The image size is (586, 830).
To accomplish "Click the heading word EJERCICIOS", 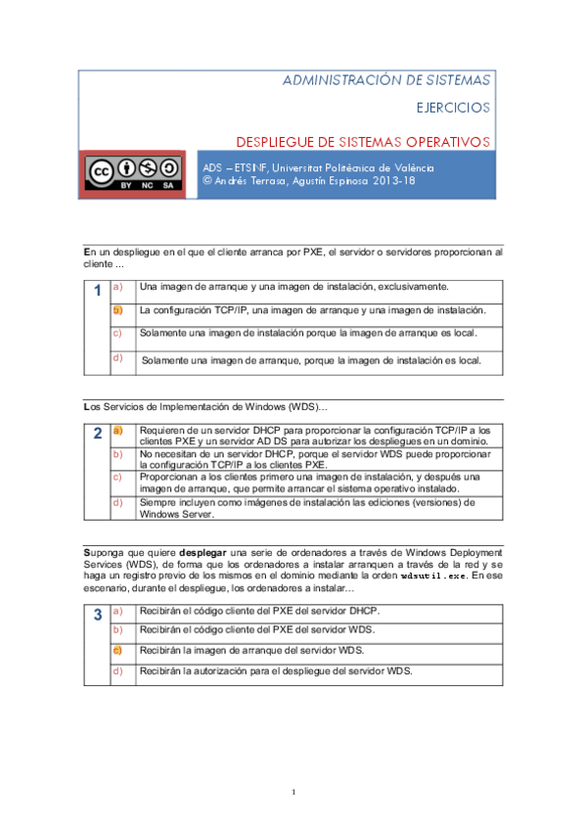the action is (x=453, y=107).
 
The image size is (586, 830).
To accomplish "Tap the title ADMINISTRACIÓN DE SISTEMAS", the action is (x=386, y=79).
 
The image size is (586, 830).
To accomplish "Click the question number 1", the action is (x=97, y=291).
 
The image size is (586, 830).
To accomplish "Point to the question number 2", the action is (x=97, y=434).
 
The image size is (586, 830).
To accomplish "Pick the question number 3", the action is (x=97, y=616).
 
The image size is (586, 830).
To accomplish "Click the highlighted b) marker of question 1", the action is (x=117, y=310).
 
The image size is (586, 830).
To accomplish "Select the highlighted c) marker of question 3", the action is (x=117, y=649).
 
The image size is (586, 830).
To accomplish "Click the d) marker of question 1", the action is (x=117, y=357).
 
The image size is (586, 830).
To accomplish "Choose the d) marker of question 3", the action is (x=117, y=670).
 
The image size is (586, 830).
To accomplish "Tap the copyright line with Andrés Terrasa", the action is (x=308, y=181).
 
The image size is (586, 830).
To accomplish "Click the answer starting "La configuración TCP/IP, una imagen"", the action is (x=313, y=310).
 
